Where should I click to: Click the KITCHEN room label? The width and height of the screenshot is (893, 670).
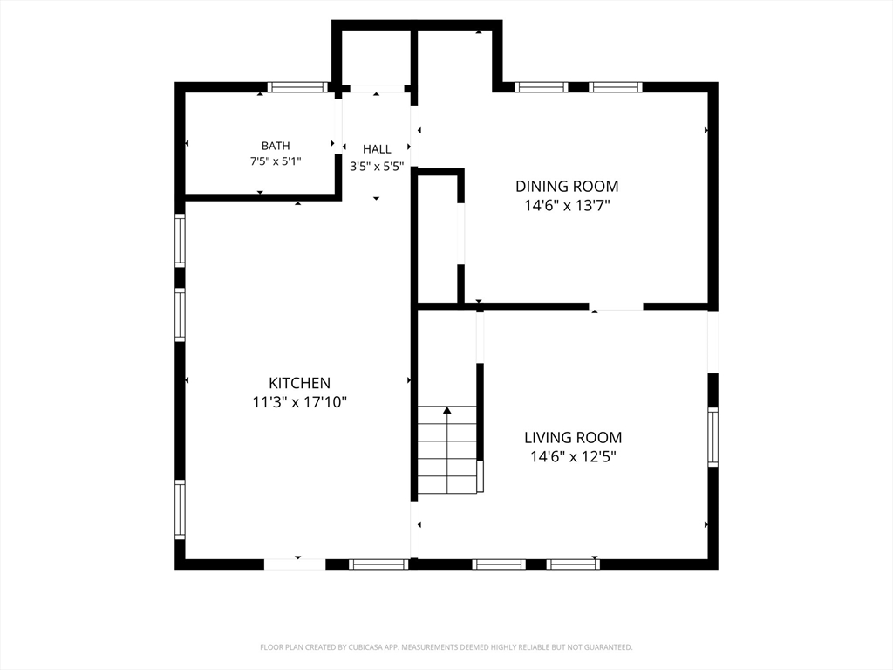click(x=300, y=383)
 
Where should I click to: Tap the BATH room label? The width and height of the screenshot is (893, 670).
click(x=276, y=146)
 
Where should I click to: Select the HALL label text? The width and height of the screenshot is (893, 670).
click(x=377, y=149)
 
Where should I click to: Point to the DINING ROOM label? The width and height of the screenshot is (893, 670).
click(x=567, y=187)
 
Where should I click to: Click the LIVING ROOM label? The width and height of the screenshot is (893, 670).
click(x=573, y=438)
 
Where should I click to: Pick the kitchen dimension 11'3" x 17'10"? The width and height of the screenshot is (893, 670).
click(x=300, y=402)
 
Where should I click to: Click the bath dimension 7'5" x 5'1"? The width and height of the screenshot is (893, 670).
click(x=276, y=161)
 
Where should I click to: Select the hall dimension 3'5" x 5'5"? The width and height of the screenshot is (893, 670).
click(x=377, y=167)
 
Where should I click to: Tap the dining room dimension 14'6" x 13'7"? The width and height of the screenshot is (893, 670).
click(x=567, y=205)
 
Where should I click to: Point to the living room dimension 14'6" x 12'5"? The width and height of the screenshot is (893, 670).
click(x=574, y=457)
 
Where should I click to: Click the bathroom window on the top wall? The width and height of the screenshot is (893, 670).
click(x=298, y=87)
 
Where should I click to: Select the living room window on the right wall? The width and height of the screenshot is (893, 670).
click(x=713, y=437)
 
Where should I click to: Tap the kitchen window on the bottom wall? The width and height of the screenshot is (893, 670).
click(x=378, y=564)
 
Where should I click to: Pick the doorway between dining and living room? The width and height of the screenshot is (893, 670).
click(x=617, y=306)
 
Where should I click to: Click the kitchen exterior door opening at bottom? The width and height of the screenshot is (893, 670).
click(x=295, y=564)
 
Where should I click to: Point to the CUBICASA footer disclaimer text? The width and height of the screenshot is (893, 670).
click(x=446, y=647)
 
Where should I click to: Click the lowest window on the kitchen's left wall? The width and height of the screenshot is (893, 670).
click(x=180, y=509)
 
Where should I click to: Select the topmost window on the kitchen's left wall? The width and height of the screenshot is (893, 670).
click(x=180, y=240)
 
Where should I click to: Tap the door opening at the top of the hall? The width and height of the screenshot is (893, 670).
click(x=377, y=89)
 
